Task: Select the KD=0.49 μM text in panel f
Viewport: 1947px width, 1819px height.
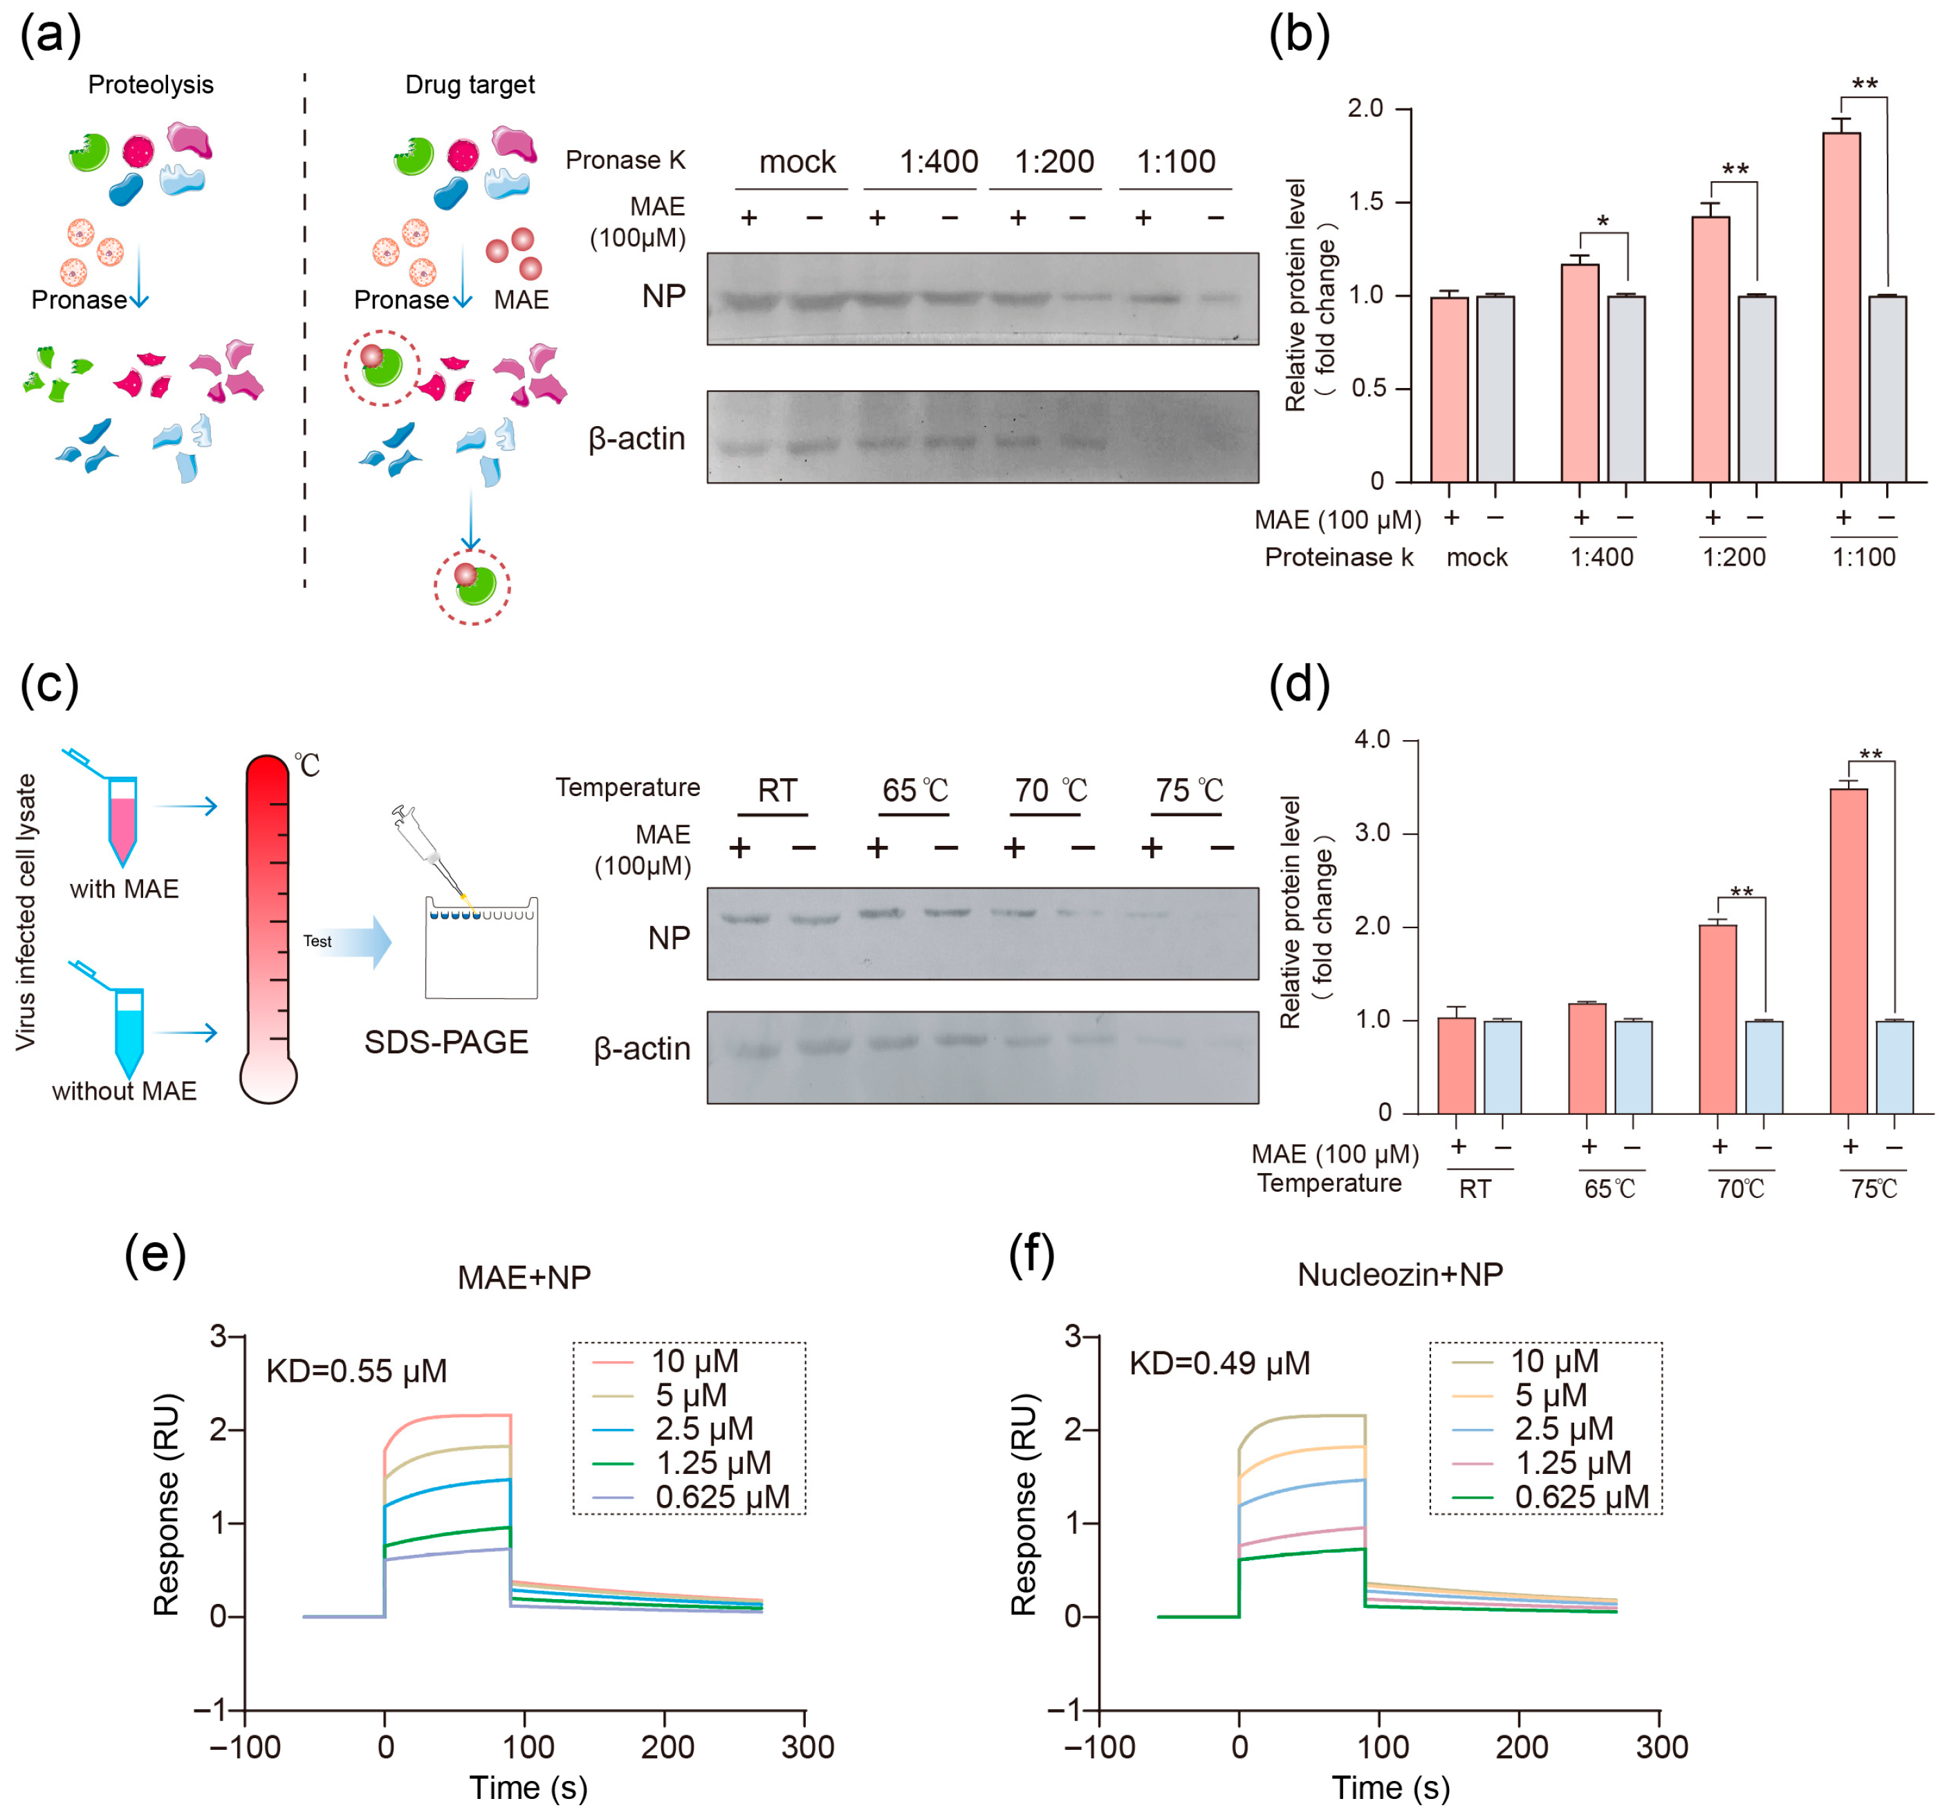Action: tap(1219, 1363)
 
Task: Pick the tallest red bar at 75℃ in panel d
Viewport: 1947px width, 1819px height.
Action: tap(1848, 950)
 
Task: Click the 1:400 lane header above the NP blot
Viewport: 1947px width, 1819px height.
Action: tap(939, 162)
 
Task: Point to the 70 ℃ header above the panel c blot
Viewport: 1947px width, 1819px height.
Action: tap(1051, 791)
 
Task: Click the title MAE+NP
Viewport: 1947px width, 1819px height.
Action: tap(524, 1277)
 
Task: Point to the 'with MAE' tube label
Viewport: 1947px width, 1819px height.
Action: tap(124, 889)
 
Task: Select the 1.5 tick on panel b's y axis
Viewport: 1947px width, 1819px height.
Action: tap(1366, 202)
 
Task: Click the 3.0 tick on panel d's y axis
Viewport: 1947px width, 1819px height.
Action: tap(1372, 833)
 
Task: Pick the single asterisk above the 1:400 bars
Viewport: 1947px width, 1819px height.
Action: tap(1603, 221)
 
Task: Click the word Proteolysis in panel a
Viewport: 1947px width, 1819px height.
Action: tap(151, 84)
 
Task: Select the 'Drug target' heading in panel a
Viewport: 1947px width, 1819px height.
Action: tap(470, 84)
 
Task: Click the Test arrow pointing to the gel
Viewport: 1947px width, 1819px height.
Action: tap(348, 942)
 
